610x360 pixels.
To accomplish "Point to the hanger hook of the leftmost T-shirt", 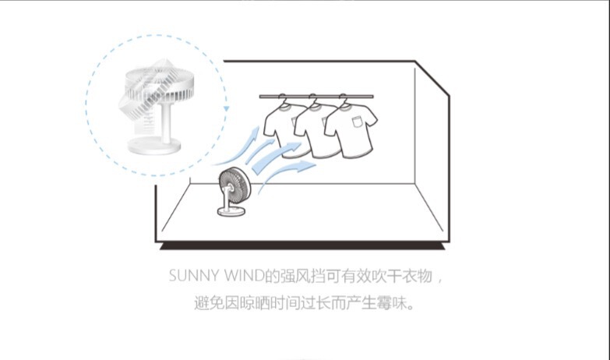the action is (281, 99).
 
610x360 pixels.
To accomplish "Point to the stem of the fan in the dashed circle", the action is (165, 122).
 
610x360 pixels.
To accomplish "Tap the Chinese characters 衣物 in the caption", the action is (418, 277).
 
